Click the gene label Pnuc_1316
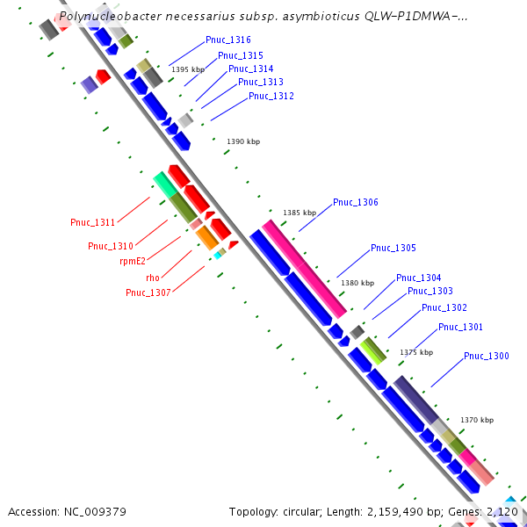click(x=227, y=40)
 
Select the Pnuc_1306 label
click(x=355, y=203)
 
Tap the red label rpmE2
click(x=133, y=261)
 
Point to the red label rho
click(x=153, y=278)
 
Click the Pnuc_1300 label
click(x=486, y=356)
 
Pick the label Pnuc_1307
click(x=148, y=292)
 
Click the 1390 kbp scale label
click(x=243, y=141)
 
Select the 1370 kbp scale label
click(x=476, y=420)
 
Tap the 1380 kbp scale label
click(x=357, y=283)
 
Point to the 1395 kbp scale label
click(x=187, y=69)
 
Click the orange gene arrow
click(x=206, y=236)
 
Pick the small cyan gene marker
click(x=218, y=256)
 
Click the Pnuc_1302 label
click(x=444, y=308)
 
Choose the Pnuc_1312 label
click(x=271, y=96)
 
